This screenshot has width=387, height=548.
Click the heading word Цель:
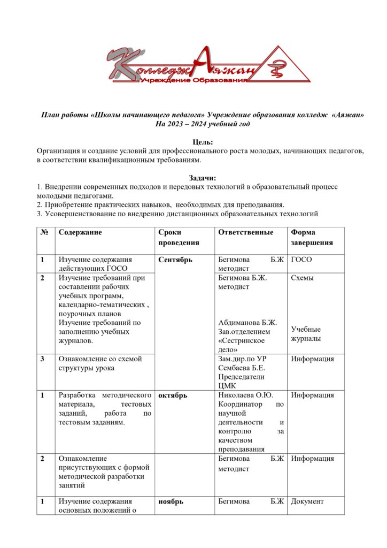click(202, 142)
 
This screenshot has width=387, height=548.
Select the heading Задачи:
click(202, 178)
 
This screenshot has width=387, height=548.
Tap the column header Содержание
click(80, 232)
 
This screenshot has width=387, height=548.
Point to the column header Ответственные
click(245, 232)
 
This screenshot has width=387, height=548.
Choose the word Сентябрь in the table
click(176, 260)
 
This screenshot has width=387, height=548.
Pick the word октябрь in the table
click(173, 395)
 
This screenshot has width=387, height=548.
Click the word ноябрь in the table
click(171, 501)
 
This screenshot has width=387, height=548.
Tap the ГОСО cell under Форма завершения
click(302, 260)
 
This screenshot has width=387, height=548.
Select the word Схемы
click(303, 278)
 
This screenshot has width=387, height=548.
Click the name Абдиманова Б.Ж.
click(247, 322)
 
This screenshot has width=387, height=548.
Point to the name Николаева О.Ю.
click(246, 395)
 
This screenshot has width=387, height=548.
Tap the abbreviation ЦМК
click(227, 385)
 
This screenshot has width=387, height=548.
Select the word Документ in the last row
click(307, 501)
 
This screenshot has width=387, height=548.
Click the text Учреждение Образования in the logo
click(193, 79)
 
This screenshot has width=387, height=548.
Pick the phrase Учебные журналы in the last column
click(306, 334)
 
